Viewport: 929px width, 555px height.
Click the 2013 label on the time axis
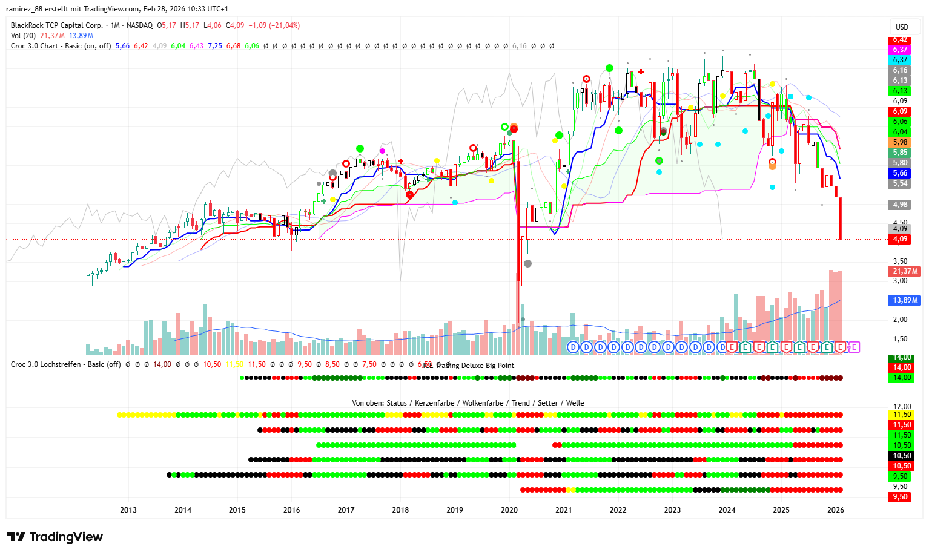[x=128, y=510]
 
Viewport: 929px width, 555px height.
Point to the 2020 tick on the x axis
[x=509, y=510]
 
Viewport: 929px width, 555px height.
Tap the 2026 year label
[x=836, y=510]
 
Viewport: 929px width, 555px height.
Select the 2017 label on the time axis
[x=346, y=510]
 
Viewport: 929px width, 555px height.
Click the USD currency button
[x=902, y=27]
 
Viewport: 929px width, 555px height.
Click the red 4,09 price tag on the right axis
[x=901, y=239]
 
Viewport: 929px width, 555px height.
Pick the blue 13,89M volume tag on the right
[x=905, y=300]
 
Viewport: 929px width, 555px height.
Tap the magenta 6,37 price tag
[x=901, y=50]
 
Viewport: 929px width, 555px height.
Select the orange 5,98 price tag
[x=901, y=142]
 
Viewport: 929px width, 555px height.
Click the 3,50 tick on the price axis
[x=901, y=261]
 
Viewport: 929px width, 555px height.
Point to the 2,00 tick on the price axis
[x=901, y=320]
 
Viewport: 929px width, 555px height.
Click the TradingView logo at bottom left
[x=55, y=537]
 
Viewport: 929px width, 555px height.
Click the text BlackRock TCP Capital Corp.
[x=57, y=25]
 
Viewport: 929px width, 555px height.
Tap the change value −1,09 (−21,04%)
[x=276, y=25]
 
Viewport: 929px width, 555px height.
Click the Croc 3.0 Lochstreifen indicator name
[x=65, y=364]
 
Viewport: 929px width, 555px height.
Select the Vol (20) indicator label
[x=23, y=36]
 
